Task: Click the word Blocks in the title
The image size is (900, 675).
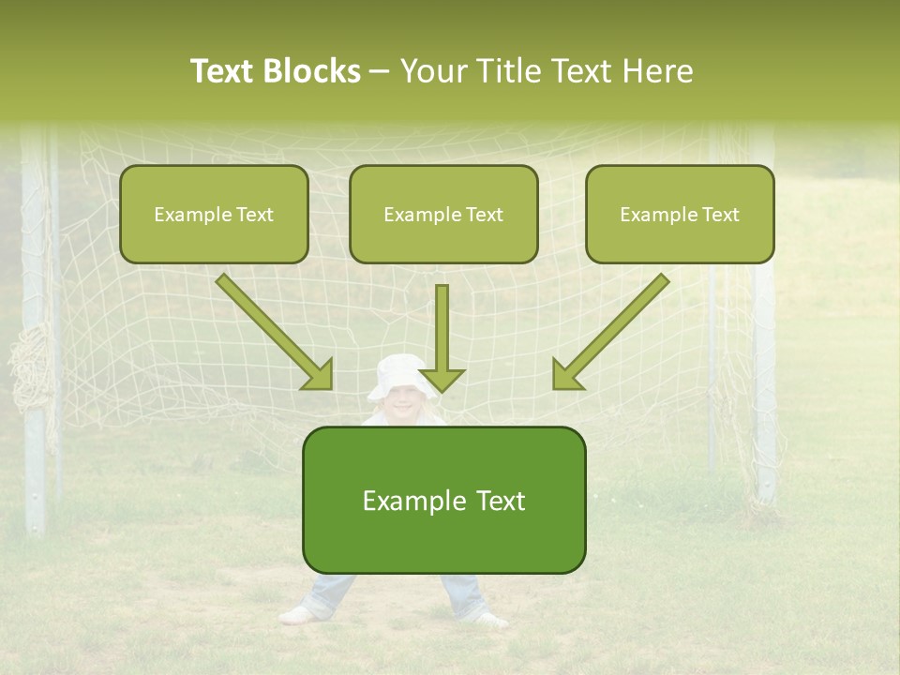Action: [x=313, y=71]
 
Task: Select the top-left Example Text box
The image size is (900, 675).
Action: [x=214, y=214]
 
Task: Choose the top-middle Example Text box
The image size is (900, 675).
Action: [x=443, y=214]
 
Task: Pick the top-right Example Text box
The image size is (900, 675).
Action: [x=680, y=214]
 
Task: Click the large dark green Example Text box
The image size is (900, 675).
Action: [x=443, y=500]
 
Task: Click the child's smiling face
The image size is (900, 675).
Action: [x=403, y=404]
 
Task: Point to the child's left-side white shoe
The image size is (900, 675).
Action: [x=297, y=615]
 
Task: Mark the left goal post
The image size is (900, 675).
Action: [x=35, y=328]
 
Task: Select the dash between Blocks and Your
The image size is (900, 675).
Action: [x=380, y=72]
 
